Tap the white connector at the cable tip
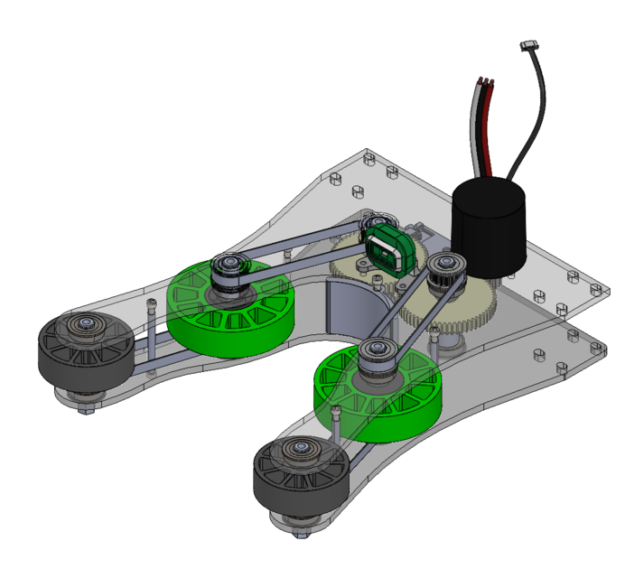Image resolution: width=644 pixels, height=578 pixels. [531, 45]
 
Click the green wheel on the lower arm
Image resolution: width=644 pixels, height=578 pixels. [377, 393]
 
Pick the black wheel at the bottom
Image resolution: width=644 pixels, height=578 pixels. [300, 476]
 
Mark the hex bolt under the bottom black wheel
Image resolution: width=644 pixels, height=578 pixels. [303, 533]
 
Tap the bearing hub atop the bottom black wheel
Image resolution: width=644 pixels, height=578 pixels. [297, 449]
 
